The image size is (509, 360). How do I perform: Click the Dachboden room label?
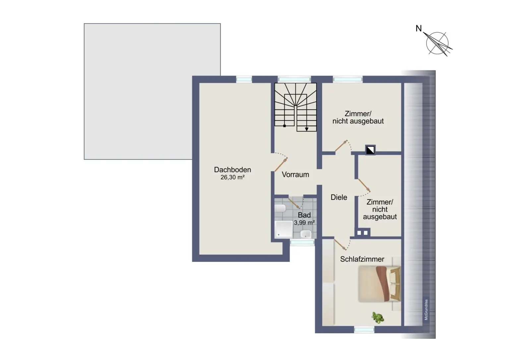(x=232, y=170)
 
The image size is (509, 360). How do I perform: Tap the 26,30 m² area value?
(x=232, y=177)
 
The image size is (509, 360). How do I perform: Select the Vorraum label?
(x=295, y=175)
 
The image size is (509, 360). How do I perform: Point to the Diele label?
(x=339, y=197)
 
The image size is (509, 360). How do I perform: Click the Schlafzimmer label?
(x=362, y=259)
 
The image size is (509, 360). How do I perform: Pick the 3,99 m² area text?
(x=304, y=223)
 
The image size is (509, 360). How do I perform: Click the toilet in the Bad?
(x=280, y=209)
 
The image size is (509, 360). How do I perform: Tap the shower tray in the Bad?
(x=283, y=229)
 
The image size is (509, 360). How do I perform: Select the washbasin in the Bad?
(x=306, y=234)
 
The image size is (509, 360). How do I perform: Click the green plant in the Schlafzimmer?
(x=377, y=317)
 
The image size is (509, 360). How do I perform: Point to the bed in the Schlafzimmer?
(x=379, y=284)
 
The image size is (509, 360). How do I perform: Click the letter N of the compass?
(x=419, y=29)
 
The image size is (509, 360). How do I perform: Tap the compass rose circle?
(x=437, y=43)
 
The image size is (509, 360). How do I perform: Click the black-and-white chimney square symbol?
(x=370, y=150)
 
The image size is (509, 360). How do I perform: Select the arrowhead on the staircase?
(x=307, y=129)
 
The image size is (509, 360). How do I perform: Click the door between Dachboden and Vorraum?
(x=281, y=164)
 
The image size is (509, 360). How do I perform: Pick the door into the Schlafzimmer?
(x=340, y=244)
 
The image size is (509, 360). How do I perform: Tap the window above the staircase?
(x=294, y=79)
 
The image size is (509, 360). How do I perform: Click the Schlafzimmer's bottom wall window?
(x=364, y=330)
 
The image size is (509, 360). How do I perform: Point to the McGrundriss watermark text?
(x=426, y=310)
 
